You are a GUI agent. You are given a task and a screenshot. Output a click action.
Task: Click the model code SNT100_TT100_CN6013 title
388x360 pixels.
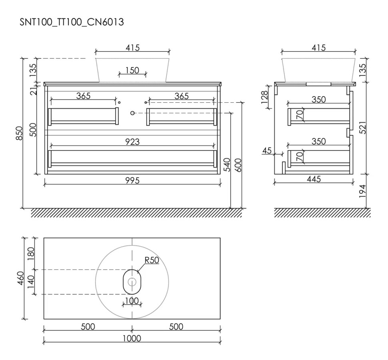72,22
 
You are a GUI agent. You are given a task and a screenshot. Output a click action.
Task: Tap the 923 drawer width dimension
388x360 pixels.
132,141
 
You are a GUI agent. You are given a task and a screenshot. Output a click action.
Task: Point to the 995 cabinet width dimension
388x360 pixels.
132,180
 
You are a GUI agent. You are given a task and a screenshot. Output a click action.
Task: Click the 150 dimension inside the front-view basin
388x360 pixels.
132,70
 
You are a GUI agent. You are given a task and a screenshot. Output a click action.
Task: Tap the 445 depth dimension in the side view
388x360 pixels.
314,179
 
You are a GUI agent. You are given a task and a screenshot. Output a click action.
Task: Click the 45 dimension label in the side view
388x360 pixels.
266,151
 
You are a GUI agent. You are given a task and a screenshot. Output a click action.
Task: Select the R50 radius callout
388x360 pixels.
152,261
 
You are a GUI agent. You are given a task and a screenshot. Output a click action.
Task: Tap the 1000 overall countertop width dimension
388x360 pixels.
132,338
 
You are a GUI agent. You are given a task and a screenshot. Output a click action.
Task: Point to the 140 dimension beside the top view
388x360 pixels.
31,282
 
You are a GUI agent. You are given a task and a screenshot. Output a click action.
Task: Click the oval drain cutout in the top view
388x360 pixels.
132,282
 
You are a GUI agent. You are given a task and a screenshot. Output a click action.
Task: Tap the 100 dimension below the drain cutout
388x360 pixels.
132,300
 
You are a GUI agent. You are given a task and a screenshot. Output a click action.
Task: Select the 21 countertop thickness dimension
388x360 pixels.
34,90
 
